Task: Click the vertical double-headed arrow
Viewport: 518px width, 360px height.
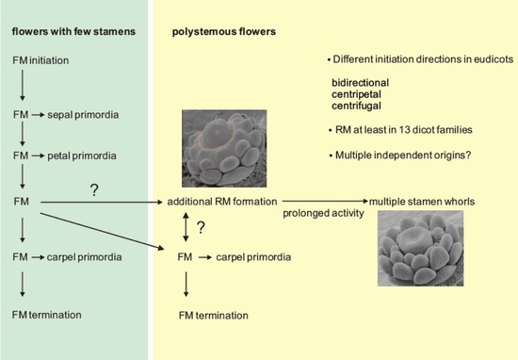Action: (x=185, y=228)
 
